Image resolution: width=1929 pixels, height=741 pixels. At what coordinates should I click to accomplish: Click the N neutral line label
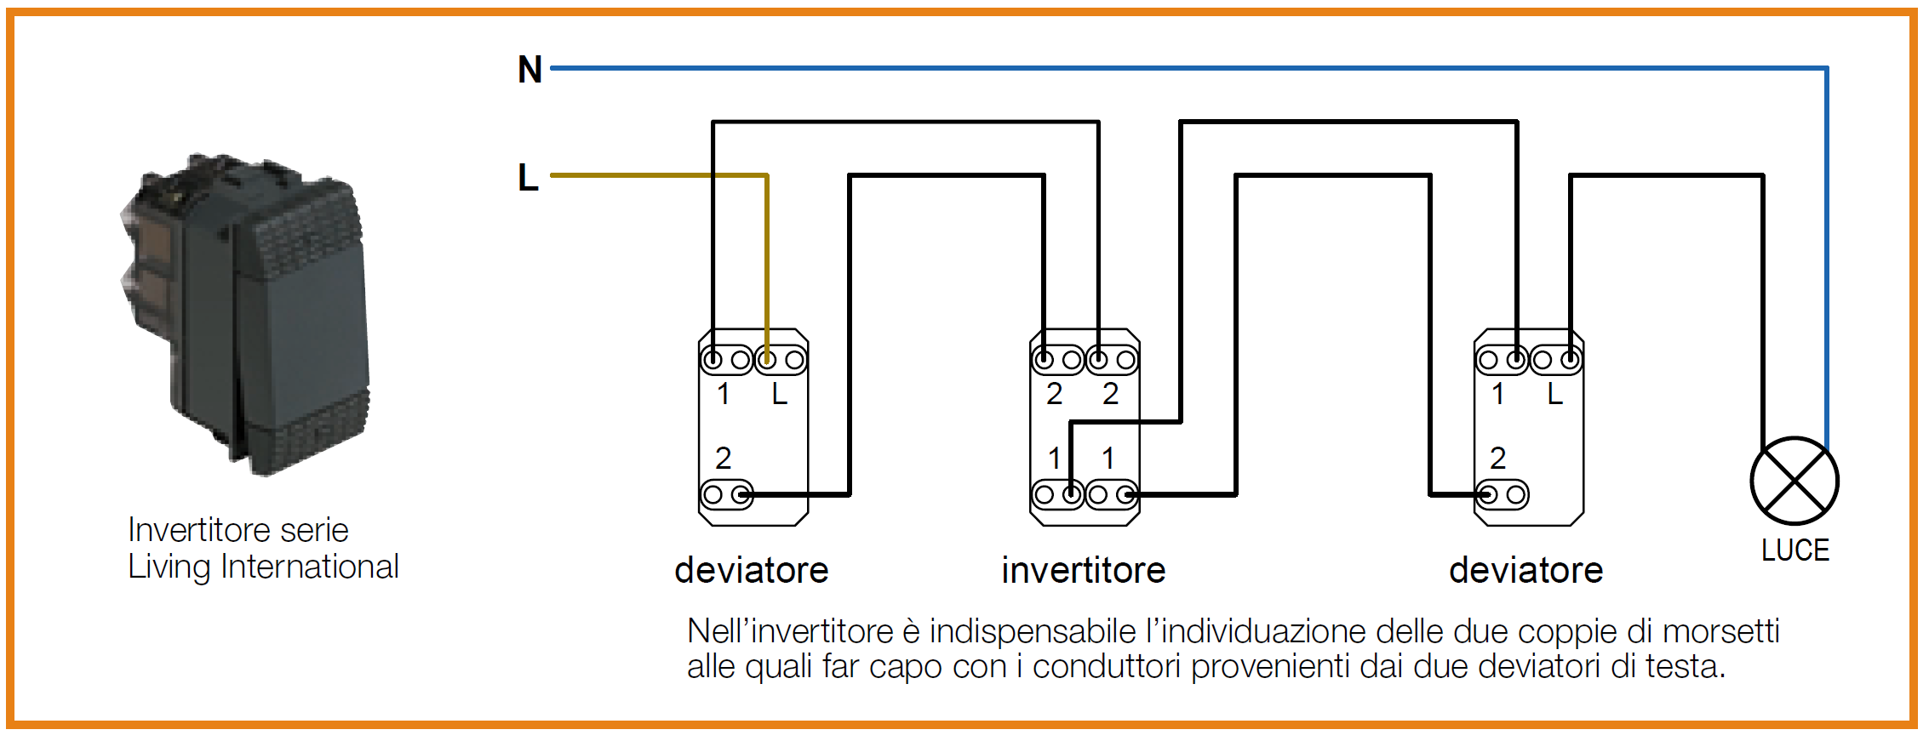tap(529, 69)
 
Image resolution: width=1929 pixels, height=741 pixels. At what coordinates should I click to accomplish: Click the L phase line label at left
tap(528, 177)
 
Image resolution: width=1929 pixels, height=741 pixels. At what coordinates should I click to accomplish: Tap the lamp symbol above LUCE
tap(1794, 481)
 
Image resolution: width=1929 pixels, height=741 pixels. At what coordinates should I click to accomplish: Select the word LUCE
tap(1794, 550)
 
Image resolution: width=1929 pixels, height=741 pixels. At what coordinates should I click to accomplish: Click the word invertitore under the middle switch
tap(1083, 570)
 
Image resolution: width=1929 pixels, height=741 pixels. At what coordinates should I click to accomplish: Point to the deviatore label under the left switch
tap(751, 570)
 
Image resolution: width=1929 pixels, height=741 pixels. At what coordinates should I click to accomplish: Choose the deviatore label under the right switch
tap(1525, 570)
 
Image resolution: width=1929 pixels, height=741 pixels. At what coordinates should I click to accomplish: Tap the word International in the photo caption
tap(310, 567)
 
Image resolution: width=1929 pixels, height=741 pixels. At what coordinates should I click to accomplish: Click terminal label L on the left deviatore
tap(779, 394)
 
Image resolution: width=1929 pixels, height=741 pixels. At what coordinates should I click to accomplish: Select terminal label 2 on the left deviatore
tap(723, 459)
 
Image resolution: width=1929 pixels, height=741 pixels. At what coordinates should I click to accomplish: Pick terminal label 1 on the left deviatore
tap(723, 394)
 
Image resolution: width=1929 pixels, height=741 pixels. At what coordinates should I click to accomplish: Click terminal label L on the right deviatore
tap(1554, 394)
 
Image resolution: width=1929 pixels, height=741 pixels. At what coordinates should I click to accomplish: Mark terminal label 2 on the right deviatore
tap(1497, 459)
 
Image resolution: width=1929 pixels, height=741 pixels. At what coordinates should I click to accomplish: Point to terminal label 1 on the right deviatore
tap(1497, 394)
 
